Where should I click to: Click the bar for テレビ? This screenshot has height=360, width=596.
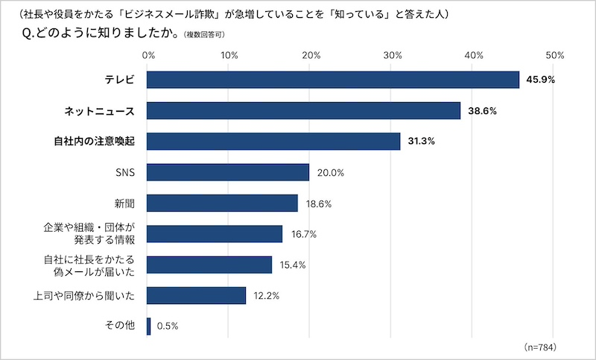[x=333, y=80]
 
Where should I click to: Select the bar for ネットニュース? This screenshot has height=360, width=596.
[x=303, y=111]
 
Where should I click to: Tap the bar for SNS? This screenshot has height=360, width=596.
[x=228, y=172]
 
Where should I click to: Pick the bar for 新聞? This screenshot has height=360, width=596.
[x=222, y=203]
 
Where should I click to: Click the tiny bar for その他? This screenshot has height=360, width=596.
[x=149, y=326]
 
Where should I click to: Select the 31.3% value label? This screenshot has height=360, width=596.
[x=421, y=142]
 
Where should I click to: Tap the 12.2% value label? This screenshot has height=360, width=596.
[x=266, y=296]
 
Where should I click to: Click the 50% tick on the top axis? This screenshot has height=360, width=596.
[x=554, y=55]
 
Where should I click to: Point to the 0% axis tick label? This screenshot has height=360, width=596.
[x=148, y=55]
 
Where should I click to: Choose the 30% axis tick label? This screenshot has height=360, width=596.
[x=392, y=55]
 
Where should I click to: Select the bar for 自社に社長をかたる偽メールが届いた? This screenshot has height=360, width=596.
[x=209, y=265]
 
